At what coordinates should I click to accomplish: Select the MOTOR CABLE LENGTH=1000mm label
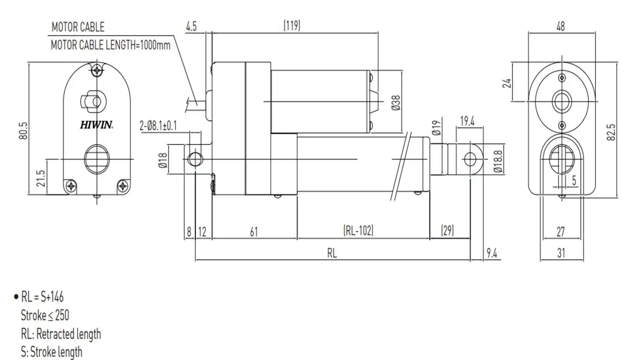tap(110, 46)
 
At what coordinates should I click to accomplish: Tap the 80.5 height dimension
tap(24, 130)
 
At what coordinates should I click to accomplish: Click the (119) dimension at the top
tap(292, 26)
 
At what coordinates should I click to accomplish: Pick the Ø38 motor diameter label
tap(395, 102)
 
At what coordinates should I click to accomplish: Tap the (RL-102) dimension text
tap(359, 231)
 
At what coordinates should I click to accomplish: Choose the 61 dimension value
tap(254, 231)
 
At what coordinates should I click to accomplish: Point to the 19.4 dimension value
tap(467, 122)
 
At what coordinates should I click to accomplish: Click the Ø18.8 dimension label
tap(498, 160)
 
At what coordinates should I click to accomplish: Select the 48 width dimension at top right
tap(560, 26)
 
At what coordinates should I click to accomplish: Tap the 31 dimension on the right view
tap(561, 253)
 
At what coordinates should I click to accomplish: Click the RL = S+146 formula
tap(42, 297)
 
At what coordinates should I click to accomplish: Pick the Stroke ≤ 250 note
tap(45, 315)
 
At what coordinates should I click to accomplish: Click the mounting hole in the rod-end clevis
tap(469, 159)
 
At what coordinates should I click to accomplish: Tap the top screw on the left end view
tap(97, 71)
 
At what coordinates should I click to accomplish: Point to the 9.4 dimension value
tap(492, 253)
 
